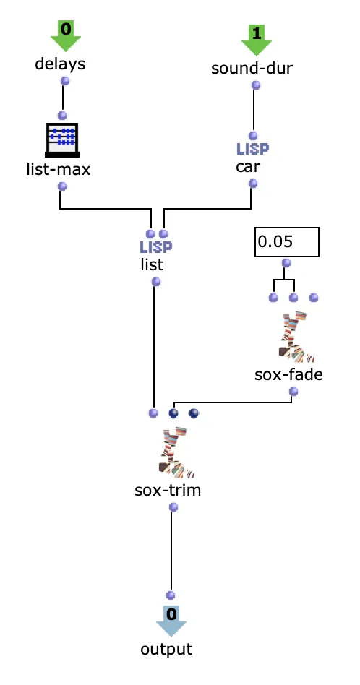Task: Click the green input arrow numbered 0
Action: pyautogui.click(x=66, y=37)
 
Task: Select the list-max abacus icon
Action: pyautogui.click(x=62, y=139)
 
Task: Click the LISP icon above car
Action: pyautogui.click(x=253, y=149)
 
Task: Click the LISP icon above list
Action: pyautogui.click(x=156, y=247)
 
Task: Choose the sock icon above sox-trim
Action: pyautogui.click(x=176, y=452)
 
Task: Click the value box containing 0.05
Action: pyautogui.click(x=287, y=242)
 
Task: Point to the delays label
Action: pyautogui.click(x=60, y=64)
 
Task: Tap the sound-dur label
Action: pyautogui.click(x=252, y=68)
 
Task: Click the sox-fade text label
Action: pyautogui.click(x=288, y=374)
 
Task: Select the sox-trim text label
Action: pyautogui.click(x=168, y=490)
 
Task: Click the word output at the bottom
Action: pyautogui.click(x=166, y=649)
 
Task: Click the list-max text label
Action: pyautogui.click(x=59, y=169)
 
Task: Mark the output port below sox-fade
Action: pyautogui.click(x=294, y=392)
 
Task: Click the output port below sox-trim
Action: pyautogui.click(x=174, y=507)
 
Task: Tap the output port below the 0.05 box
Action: pyautogui.click(x=286, y=263)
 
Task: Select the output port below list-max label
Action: pyautogui.click(x=62, y=186)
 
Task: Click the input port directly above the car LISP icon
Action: pyautogui.click(x=253, y=136)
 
